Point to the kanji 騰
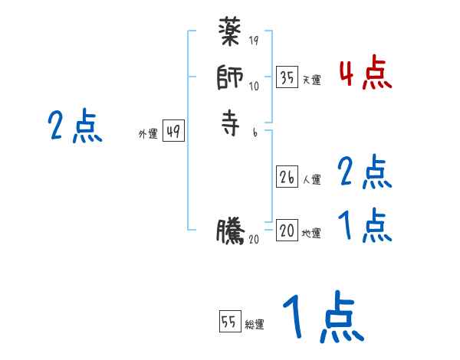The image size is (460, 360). (231, 231)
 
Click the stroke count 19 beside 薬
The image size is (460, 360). (254, 41)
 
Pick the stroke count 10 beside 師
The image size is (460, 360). (254, 86)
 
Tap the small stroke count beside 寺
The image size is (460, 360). (254, 132)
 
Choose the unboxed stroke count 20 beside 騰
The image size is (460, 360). (255, 240)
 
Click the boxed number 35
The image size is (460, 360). (287, 78)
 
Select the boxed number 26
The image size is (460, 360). (287, 177)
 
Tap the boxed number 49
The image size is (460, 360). (172, 132)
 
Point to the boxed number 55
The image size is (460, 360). (229, 322)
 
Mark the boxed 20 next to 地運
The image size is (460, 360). (287, 231)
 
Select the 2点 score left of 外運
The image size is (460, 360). (74, 126)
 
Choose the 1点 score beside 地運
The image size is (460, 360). (365, 226)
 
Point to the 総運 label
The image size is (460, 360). (255, 325)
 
